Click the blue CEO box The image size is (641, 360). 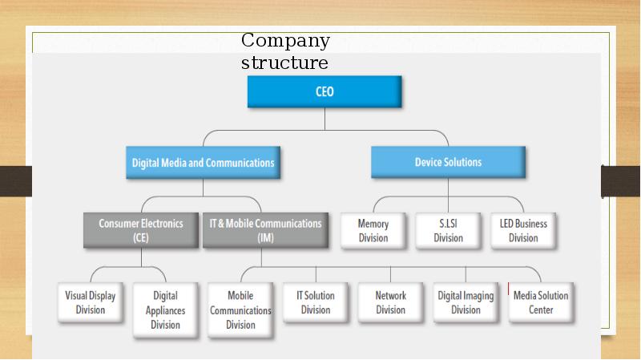(x=325, y=91)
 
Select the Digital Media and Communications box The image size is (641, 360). (x=204, y=163)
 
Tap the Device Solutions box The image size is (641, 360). (x=448, y=162)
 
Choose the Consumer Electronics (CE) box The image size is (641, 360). (x=141, y=230)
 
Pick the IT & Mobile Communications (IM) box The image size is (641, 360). (x=266, y=230)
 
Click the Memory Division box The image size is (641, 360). (x=373, y=231)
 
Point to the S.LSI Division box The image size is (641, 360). (x=448, y=231)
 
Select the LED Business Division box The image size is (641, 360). (x=523, y=231)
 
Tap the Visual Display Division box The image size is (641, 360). (x=91, y=302)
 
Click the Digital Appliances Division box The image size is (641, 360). (x=166, y=309)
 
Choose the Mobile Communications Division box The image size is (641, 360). (x=240, y=309)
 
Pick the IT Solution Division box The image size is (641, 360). (x=316, y=302)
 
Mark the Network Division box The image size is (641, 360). (x=390, y=302)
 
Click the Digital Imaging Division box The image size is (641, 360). (x=466, y=302)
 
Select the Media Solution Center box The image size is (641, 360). (x=541, y=302)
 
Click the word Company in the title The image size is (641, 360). (x=285, y=42)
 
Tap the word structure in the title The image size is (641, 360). (x=284, y=63)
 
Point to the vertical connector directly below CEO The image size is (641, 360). (x=325, y=119)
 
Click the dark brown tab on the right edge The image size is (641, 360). (x=620, y=181)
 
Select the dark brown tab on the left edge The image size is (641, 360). (x=16, y=181)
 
